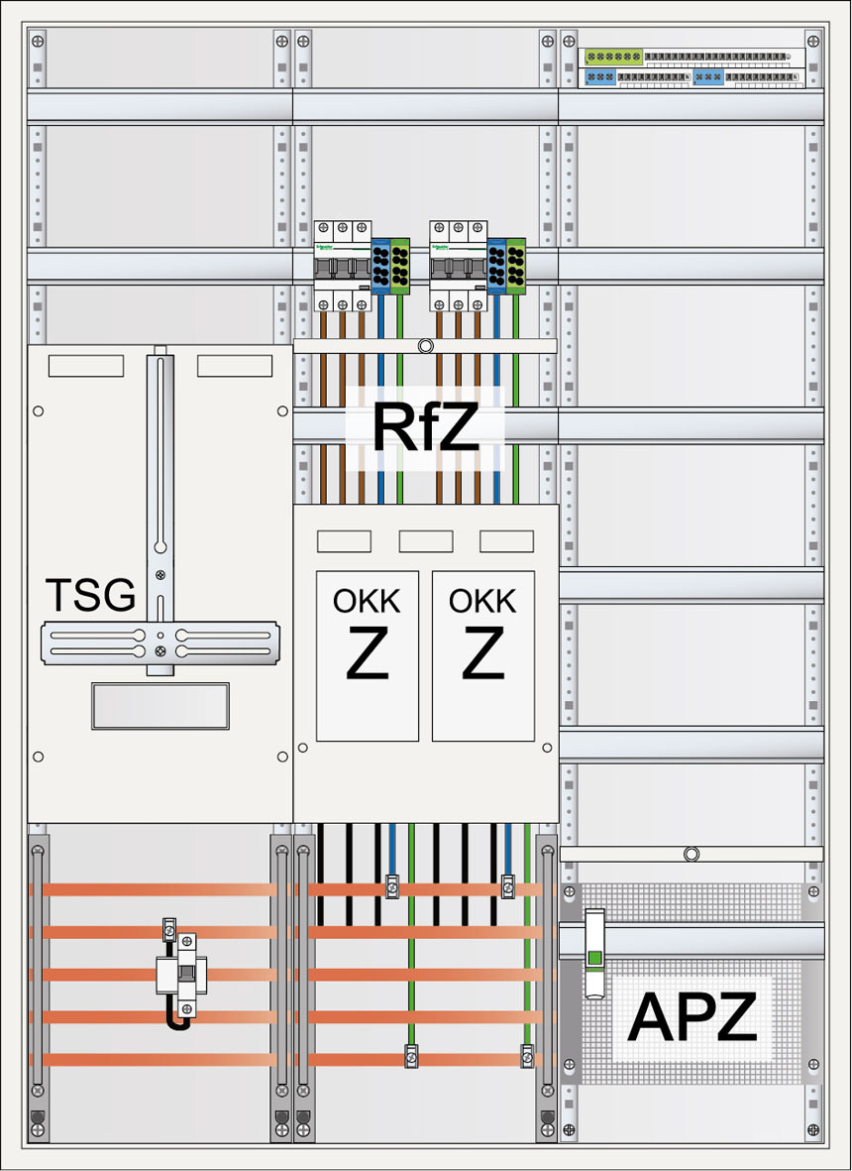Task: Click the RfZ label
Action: [x=423, y=427]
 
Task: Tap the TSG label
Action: [x=90, y=596]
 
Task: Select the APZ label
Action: [x=692, y=1015]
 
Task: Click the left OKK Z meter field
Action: [x=367, y=654]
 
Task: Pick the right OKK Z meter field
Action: [x=482, y=654]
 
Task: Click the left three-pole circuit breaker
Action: [x=342, y=266]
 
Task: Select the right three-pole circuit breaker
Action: [x=458, y=266]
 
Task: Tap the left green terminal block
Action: [x=401, y=266]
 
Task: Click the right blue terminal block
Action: [x=496, y=266]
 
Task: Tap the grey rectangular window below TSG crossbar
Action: [x=160, y=706]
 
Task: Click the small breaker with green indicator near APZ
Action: [x=594, y=954]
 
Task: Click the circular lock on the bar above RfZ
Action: [x=425, y=346]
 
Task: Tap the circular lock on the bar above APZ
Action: [x=692, y=853]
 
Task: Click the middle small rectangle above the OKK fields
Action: [x=425, y=541]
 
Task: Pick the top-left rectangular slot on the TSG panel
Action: [x=87, y=366]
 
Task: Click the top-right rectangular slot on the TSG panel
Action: [x=234, y=366]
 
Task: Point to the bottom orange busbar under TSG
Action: [x=159, y=1060]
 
